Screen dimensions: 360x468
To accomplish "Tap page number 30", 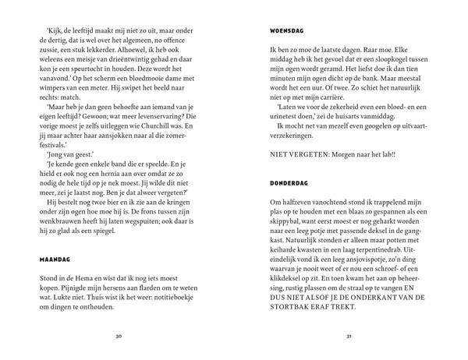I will pyautogui.click(x=119, y=337).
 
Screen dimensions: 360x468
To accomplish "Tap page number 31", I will pyautogui.click(x=348, y=337).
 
